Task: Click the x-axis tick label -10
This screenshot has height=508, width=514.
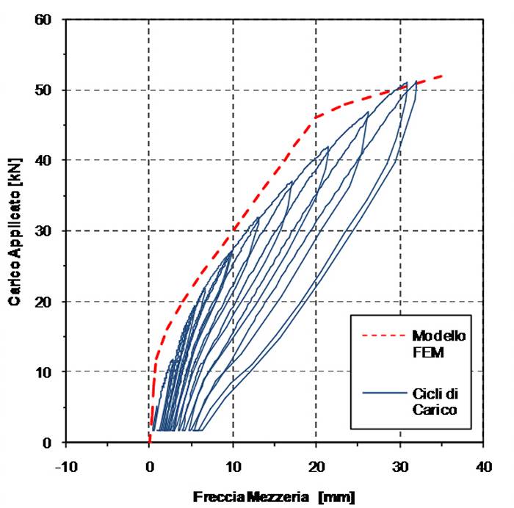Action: (65, 465)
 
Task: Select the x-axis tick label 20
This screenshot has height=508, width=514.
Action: (316, 465)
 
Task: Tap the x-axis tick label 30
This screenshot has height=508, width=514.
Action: (400, 465)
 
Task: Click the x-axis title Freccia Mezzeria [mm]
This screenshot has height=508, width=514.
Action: (274, 497)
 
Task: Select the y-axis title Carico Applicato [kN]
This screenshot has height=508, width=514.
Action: (15, 231)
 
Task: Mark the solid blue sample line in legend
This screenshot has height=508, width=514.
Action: (385, 395)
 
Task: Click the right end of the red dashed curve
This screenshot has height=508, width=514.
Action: (442, 76)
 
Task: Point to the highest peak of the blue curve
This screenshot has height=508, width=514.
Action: (416, 81)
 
